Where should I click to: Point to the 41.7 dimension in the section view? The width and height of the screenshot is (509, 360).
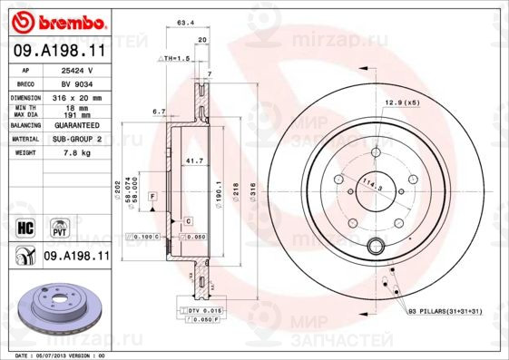coord(192,161)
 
